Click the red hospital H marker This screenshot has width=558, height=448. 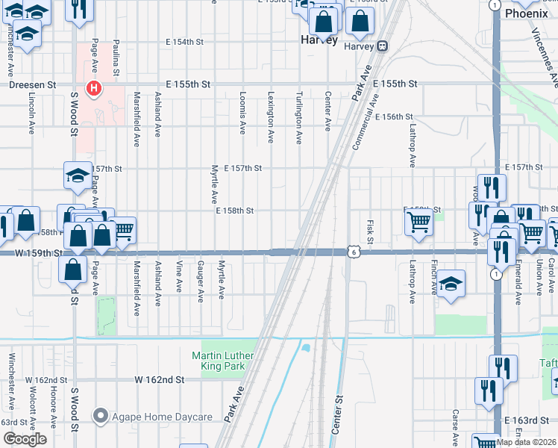click(x=94, y=89)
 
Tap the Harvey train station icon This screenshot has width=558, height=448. click(x=382, y=46)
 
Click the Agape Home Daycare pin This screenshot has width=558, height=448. click(x=99, y=416)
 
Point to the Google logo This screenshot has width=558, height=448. click(x=24, y=439)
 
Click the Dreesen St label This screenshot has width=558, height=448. click(x=31, y=85)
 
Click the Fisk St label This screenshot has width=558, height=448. click(x=370, y=231)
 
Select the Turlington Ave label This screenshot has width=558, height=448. click(x=298, y=117)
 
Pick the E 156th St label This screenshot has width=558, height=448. click(x=394, y=116)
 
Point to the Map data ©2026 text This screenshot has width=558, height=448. click(x=526, y=441)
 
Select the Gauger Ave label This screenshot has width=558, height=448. click(x=201, y=281)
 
